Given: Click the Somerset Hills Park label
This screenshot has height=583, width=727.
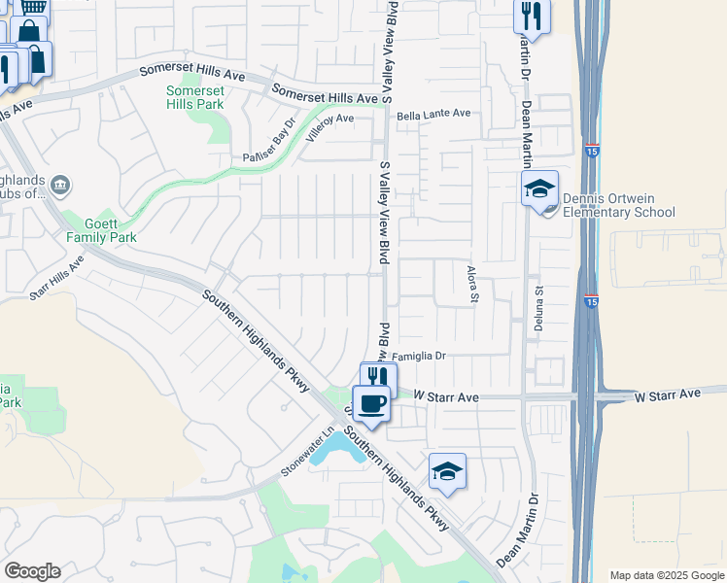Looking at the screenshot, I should pyautogui.click(x=194, y=97).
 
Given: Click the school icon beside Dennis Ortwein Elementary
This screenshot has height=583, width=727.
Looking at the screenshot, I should pyautogui.click(x=539, y=190).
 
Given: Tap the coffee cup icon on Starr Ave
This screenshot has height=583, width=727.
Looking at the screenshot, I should pyautogui.click(x=370, y=403).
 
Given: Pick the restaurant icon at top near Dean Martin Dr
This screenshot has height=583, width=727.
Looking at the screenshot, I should pyautogui.click(x=531, y=15).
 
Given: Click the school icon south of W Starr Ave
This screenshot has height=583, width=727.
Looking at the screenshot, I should pyautogui.click(x=447, y=472).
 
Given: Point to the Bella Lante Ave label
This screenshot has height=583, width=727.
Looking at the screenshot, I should pyautogui.click(x=433, y=114).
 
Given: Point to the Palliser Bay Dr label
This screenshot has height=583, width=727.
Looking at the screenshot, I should pyautogui.click(x=268, y=144).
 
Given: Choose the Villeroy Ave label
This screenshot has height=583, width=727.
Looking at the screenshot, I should pyautogui.click(x=329, y=126).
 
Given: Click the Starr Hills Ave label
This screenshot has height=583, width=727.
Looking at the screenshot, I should pyautogui.click(x=56, y=282).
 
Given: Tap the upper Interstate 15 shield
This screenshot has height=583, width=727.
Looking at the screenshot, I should pyautogui.click(x=593, y=150).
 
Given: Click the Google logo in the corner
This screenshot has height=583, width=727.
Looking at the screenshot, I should pyautogui.click(x=32, y=571).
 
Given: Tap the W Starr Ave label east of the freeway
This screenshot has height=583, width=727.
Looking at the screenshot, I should pyautogui.click(x=668, y=395).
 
